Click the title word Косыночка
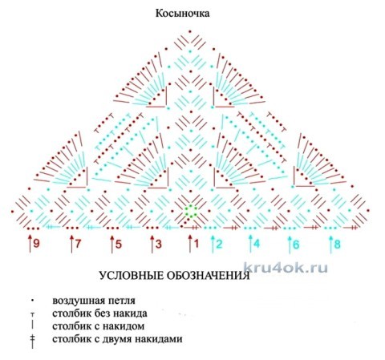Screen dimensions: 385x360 [183, 14]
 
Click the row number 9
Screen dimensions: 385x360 [36, 244]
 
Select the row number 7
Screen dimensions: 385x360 [78, 244]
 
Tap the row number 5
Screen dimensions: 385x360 [119, 244]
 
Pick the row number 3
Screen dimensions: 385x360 [159, 244]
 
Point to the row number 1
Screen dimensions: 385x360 [197, 244]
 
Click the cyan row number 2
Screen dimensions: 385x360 [219, 244]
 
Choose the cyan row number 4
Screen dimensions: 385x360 [257, 244]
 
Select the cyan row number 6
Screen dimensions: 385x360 [296, 245]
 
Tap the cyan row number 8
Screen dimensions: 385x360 [338, 244]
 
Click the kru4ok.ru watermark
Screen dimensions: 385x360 [286, 268]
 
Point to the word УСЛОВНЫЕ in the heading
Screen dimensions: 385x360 [131, 275]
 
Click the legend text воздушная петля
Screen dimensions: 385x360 [94, 301]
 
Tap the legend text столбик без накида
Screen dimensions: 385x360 [99, 313]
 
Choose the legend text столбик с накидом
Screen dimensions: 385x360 [99, 326]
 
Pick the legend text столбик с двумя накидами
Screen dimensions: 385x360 [117, 339]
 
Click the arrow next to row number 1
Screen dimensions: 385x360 [190, 244]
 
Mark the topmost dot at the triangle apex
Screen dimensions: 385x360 [190, 31]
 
